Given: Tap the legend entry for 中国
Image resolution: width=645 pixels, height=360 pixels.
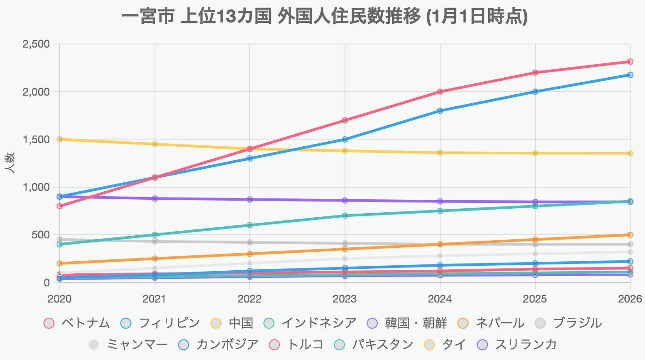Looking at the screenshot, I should [232, 323].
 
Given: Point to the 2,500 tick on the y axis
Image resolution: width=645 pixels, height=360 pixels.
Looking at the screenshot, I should [37, 44].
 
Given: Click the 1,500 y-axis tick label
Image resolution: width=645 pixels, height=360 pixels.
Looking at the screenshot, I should [37, 140].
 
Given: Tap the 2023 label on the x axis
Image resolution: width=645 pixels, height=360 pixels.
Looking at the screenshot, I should [345, 299].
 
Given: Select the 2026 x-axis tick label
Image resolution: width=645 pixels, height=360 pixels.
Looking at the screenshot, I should [630, 299].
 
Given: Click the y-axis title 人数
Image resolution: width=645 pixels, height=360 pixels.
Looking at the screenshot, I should [10, 163].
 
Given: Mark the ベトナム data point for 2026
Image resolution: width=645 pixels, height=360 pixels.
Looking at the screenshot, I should [630, 61].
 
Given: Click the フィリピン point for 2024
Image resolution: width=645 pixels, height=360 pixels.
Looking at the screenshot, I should [440, 110].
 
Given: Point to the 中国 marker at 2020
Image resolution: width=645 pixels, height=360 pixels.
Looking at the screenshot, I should [60, 139].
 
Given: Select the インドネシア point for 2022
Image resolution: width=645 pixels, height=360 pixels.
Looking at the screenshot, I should [250, 225].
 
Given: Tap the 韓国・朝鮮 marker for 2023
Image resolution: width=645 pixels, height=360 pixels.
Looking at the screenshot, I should [345, 200].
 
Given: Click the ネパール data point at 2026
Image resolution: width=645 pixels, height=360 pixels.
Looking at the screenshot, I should [630, 235].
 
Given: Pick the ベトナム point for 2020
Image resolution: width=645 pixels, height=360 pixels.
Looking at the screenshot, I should [60, 206].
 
